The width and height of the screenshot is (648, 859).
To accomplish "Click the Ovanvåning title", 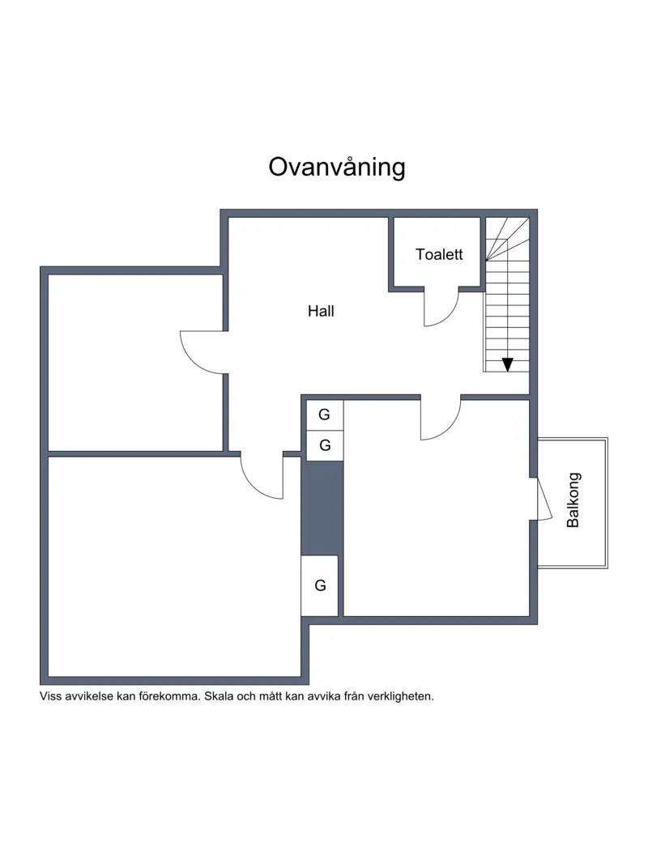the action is pyautogui.click(x=337, y=168).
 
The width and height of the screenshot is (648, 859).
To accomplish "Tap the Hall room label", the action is pyautogui.click(x=321, y=311).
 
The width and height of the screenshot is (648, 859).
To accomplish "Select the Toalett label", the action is pyautogui.click(x=439, y=254).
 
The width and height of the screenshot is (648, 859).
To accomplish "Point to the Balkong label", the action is pyautogui.click(x=573, y=500).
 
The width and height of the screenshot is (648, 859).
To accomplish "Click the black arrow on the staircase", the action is pyautogui.click(x=508, y=364).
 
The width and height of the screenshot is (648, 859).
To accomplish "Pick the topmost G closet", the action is pyautogui.click(x=325, y=415).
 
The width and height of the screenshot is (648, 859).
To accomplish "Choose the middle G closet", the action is pyautogui.click(x=325, y=445).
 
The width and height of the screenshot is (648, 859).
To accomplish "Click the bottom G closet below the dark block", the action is pyautogui.click(x=320, y=585).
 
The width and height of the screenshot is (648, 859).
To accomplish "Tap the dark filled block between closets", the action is pyautogui.click(x=322, y=508).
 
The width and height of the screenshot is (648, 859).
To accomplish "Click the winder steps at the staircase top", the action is pyautogui.click(x=507, y=239).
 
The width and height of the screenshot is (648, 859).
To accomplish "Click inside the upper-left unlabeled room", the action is pyautogui.click(x=135, y=363).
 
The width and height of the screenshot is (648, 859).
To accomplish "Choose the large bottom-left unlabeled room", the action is pyautogui.click(x=174, y=567).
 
